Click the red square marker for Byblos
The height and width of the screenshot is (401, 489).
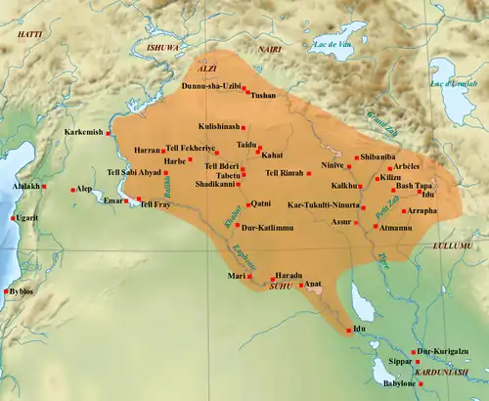(x=39, y=291)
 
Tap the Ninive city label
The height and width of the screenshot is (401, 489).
(x=333, y=166)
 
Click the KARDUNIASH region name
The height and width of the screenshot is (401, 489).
(x=439, y=373)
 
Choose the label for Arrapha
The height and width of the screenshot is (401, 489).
(x=422, y=210)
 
